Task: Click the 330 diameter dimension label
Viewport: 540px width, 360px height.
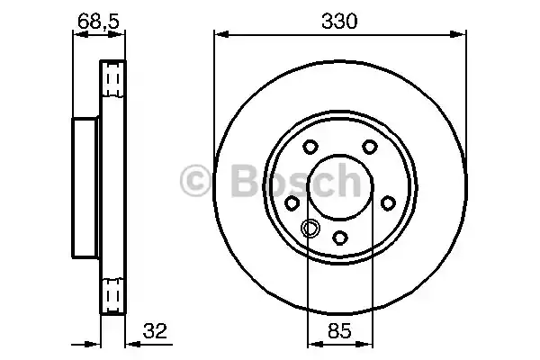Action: pos(341,20)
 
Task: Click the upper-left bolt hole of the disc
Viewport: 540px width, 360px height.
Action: pos(310,148)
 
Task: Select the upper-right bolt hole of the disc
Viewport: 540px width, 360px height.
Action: pos(370,148)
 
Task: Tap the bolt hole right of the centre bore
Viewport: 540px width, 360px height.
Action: pos(389,205)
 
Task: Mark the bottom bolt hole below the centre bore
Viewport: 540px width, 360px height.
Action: pos(340,238)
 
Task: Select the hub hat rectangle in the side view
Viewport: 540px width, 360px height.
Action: pos(86,188)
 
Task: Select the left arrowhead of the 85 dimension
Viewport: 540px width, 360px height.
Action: pos(311,342)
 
